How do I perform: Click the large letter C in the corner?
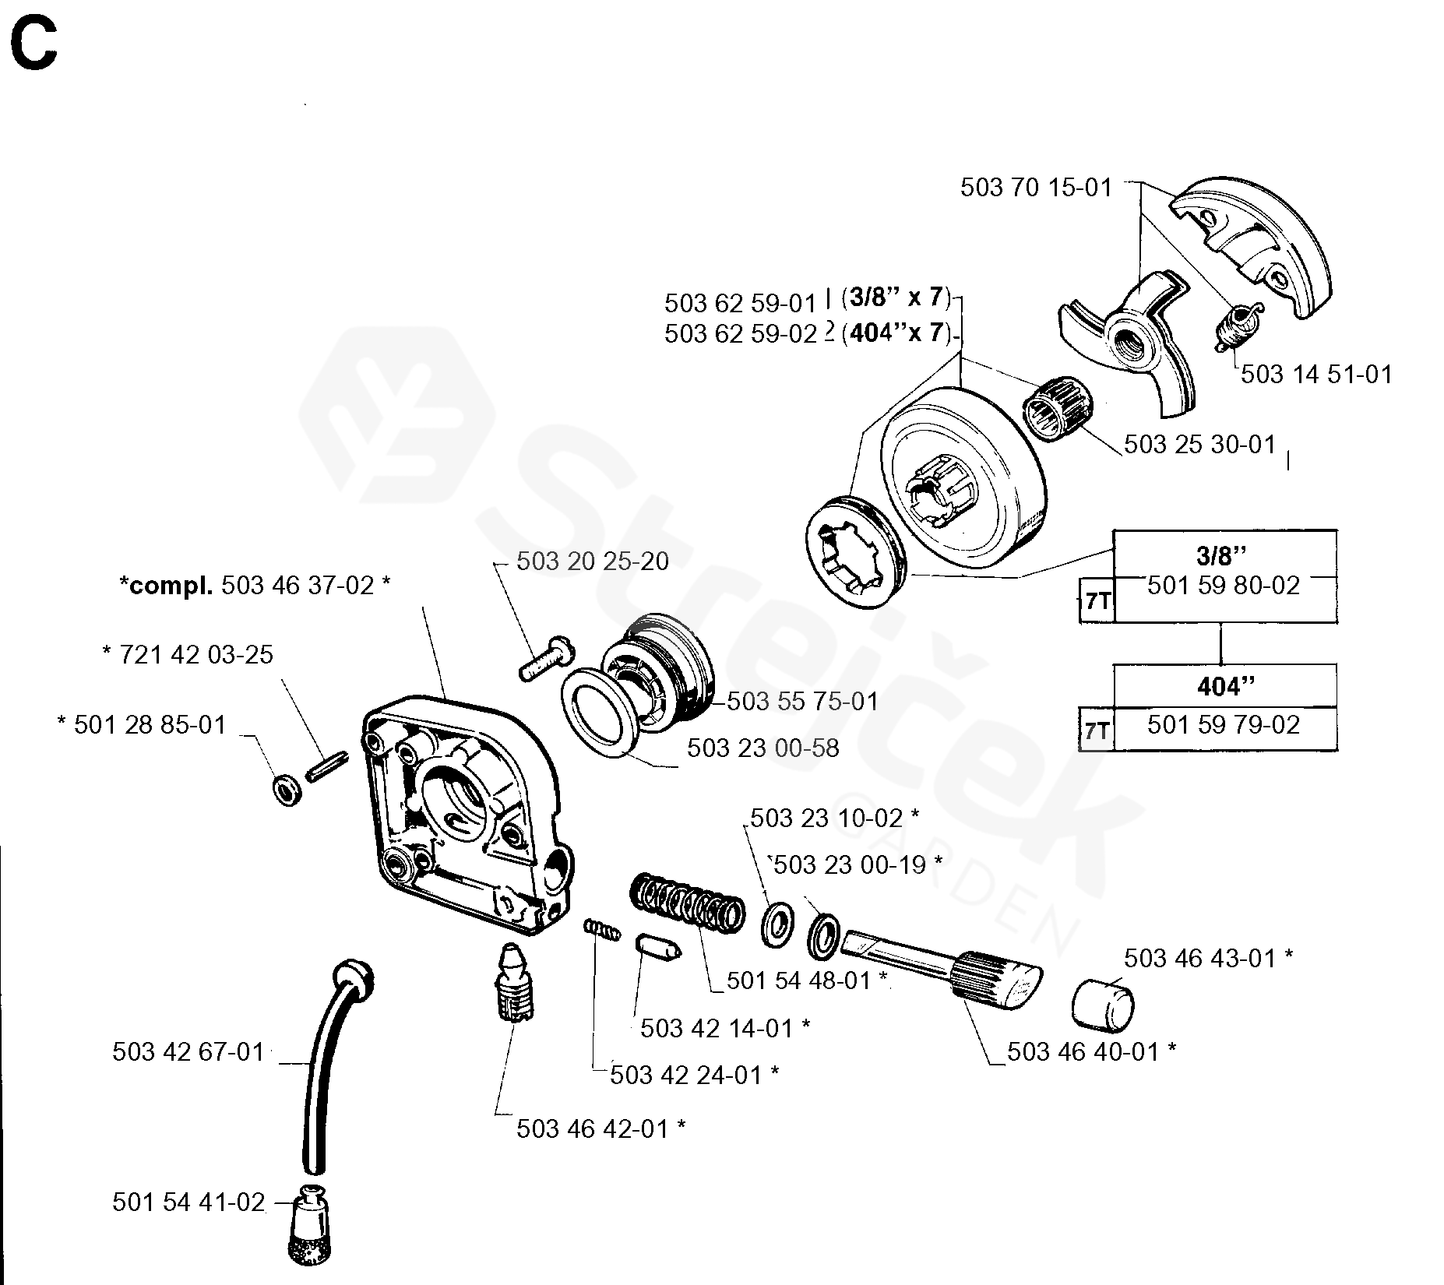[33, 46]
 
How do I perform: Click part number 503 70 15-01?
[1036, 188]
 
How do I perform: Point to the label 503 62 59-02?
[740, 333]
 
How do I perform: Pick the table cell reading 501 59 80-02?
[1224, 586]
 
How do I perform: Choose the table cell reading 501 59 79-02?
[1224, 726]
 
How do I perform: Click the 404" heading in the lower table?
[1225, 686]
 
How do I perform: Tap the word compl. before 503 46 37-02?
[166, 585]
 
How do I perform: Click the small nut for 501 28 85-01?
[288, 790]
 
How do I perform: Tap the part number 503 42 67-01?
[188, 1052]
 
